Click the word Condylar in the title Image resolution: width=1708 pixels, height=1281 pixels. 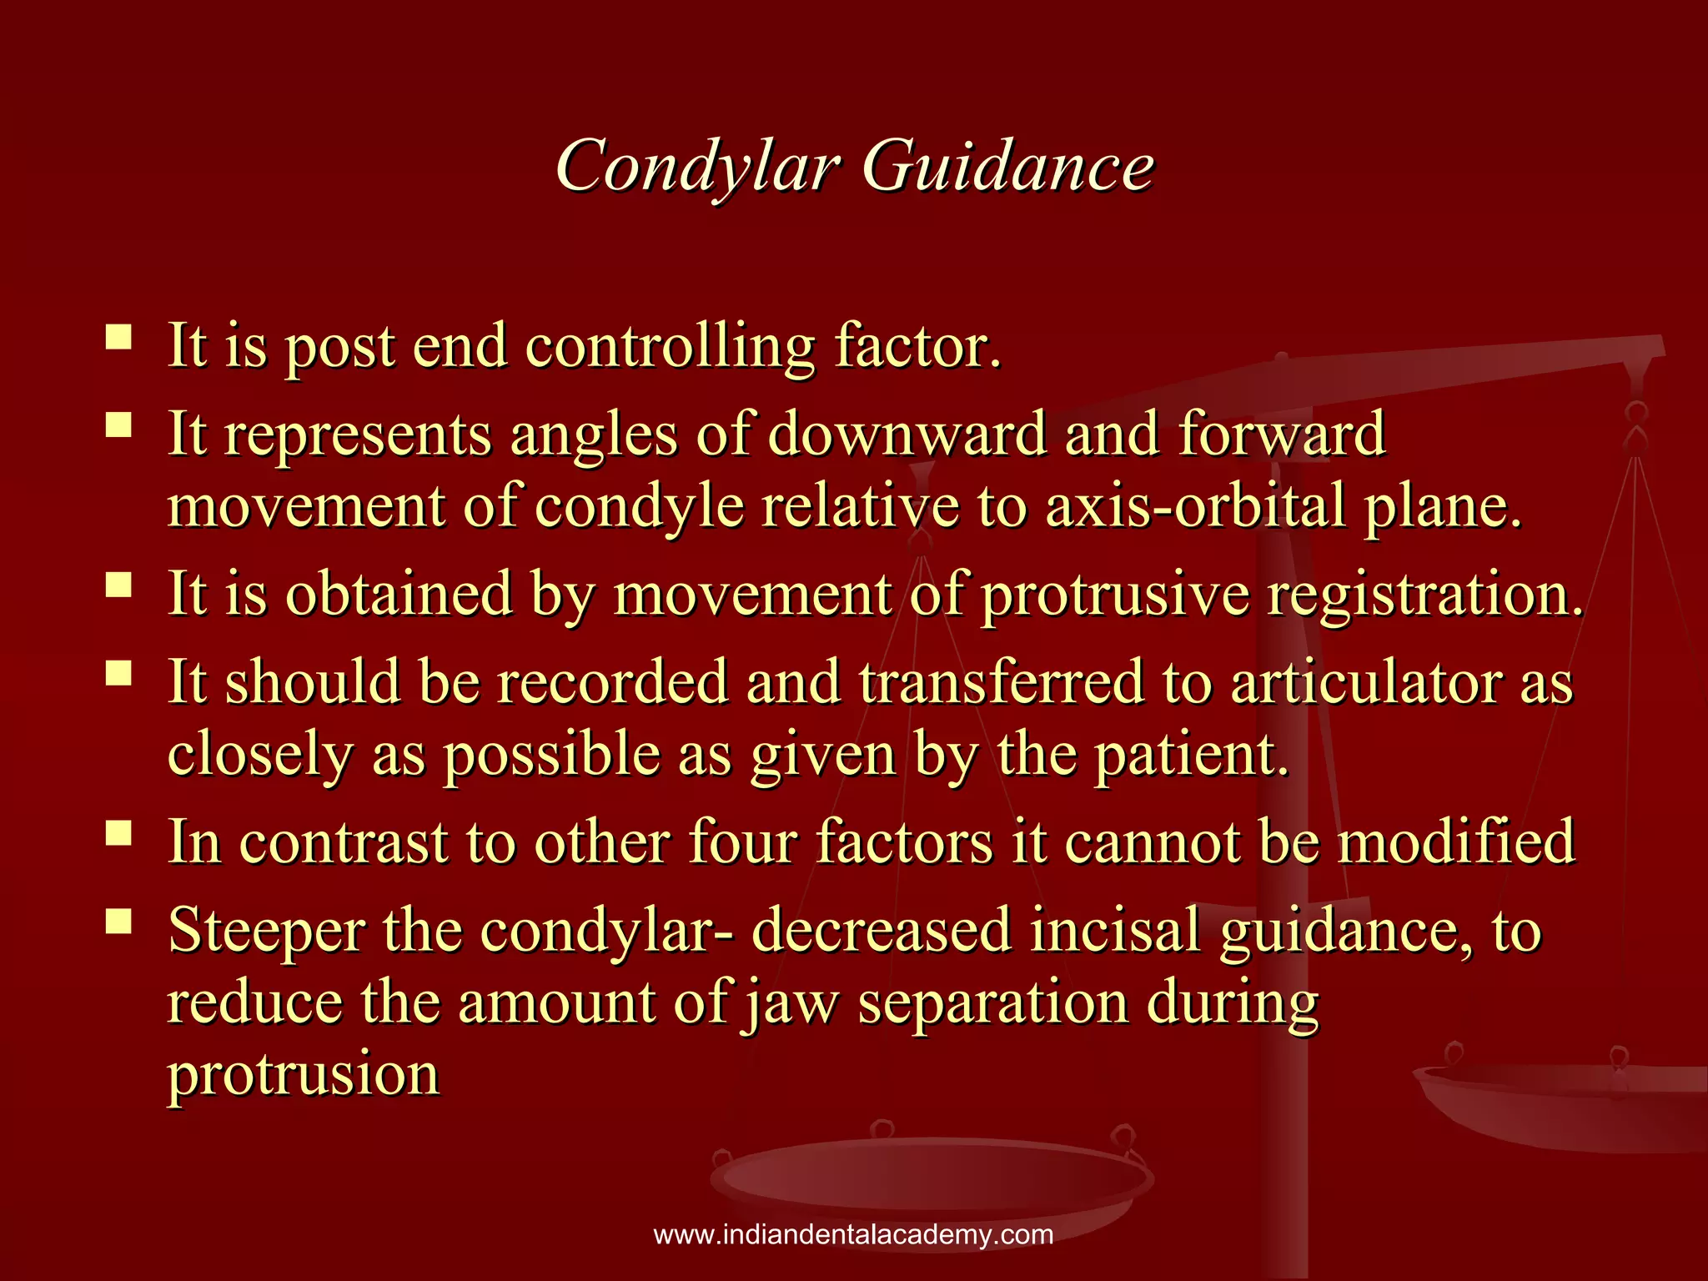[x=697, y=167]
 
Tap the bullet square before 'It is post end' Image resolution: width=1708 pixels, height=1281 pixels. [x=119, y=338]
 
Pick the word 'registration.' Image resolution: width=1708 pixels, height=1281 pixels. [x=1425, y=595]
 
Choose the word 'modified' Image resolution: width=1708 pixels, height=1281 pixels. [x=1456, y=841]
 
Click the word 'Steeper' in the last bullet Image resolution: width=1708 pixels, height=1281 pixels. [x=266, y=932]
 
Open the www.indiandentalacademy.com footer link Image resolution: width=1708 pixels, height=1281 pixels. [x=853, y=1235]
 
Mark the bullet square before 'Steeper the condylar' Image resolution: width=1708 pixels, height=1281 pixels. [x=119, y=922]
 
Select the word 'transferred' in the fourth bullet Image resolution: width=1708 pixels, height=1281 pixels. [x=1001, y=682]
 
